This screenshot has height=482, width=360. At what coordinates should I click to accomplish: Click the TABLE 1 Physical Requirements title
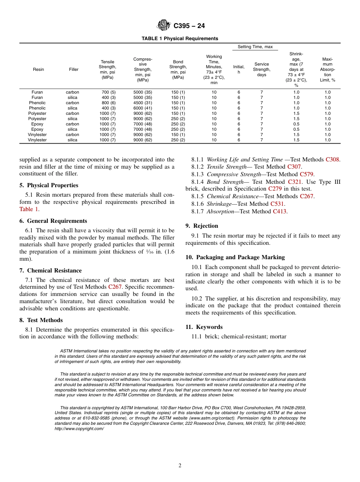[180, 39]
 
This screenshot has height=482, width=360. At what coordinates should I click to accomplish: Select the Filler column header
[74, 69]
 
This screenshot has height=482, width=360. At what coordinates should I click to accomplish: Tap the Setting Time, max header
[255, 47]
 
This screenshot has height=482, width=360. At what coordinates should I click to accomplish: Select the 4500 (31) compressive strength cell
[142, 103]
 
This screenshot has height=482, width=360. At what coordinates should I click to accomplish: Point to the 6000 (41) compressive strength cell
[142, 108]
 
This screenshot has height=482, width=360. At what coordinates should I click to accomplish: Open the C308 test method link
[332, 160]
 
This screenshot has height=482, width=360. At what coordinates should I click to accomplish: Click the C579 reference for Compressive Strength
[307, 174]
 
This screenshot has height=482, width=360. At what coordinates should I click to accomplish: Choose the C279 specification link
[275, 189]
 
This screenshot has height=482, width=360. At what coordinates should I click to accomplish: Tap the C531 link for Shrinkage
[277, 204]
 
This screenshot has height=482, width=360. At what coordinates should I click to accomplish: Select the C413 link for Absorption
[280, 211]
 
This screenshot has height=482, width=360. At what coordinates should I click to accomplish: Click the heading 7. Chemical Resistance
[50, 271]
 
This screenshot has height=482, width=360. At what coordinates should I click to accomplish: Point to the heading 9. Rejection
[202, 226]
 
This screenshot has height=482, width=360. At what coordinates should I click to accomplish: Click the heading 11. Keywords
[204, 327]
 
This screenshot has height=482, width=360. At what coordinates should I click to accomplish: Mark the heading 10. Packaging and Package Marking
[235, 257]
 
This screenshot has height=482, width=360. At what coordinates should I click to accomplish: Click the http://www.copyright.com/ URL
[79, 429]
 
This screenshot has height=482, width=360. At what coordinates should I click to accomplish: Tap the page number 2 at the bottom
[180, 466]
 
